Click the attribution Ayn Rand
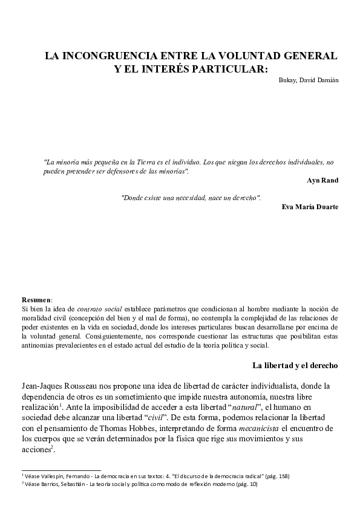pyautogui.click(x=323, y=180)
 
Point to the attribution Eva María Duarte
pyautogui.click(x=310, y=207)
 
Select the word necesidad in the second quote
pyautogui.click(x=206, y=198)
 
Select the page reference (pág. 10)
pyautogui.click(x=246, y=484)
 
